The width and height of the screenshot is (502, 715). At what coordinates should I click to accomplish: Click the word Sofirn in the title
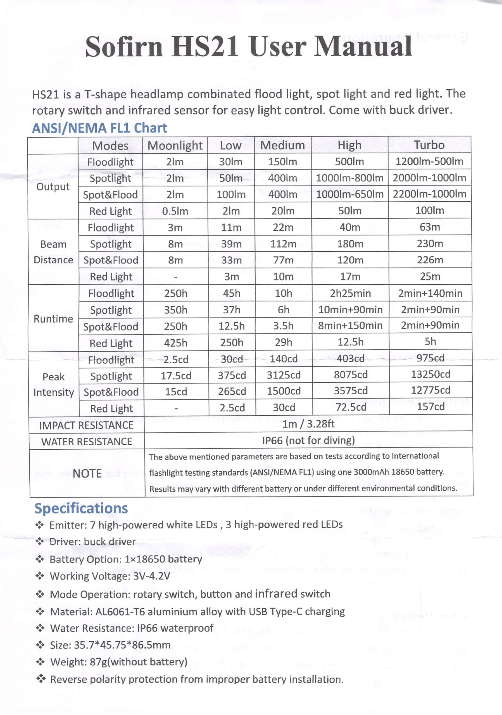pos(124,47)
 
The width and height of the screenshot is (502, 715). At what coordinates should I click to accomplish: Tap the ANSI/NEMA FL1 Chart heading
pos(99,128)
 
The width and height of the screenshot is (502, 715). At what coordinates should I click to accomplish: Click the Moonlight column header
pos(175,146)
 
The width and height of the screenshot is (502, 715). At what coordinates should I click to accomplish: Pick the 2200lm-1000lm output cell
pos(429,194)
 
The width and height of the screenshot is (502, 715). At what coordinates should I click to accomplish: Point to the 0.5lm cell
pos(175,211)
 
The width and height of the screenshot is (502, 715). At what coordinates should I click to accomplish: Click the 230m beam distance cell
pos(430,244)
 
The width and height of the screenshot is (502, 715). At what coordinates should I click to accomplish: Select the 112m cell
pos(283,244)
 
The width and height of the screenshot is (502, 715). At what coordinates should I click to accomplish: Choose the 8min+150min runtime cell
pos(350,325)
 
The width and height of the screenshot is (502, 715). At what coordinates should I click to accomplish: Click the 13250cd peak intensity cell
pos(430,374)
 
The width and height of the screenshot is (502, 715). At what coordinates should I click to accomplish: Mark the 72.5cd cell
pos(351,407)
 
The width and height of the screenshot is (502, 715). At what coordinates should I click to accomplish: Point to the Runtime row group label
pos(53,319)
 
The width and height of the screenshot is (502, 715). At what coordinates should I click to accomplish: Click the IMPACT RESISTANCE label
pos(86,425)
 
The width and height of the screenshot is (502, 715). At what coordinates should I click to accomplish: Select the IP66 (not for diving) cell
pos(308,440)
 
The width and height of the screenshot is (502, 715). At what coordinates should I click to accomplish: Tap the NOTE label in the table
pos(87,473)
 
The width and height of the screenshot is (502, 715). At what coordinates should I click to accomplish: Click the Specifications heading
pos(81,508)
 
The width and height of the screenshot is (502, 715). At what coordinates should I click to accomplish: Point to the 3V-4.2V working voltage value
pos(151,576)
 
